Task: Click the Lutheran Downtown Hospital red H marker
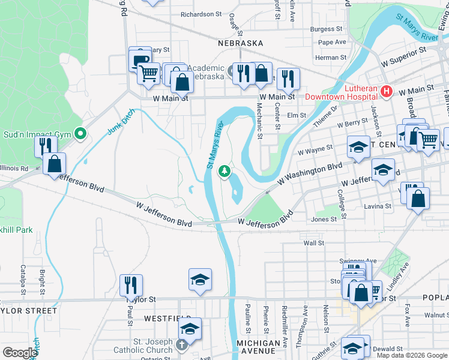point(387,92)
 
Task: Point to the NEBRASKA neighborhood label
point(241,43)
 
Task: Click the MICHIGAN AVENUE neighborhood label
point(259,343)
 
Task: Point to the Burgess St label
point(327,29)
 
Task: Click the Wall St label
point(314,243)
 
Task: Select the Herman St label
point(327,58)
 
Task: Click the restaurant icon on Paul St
point(131,285)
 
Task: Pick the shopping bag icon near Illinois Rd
point(54,164)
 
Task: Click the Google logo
point(20,353)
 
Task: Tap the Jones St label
point(324,220)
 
